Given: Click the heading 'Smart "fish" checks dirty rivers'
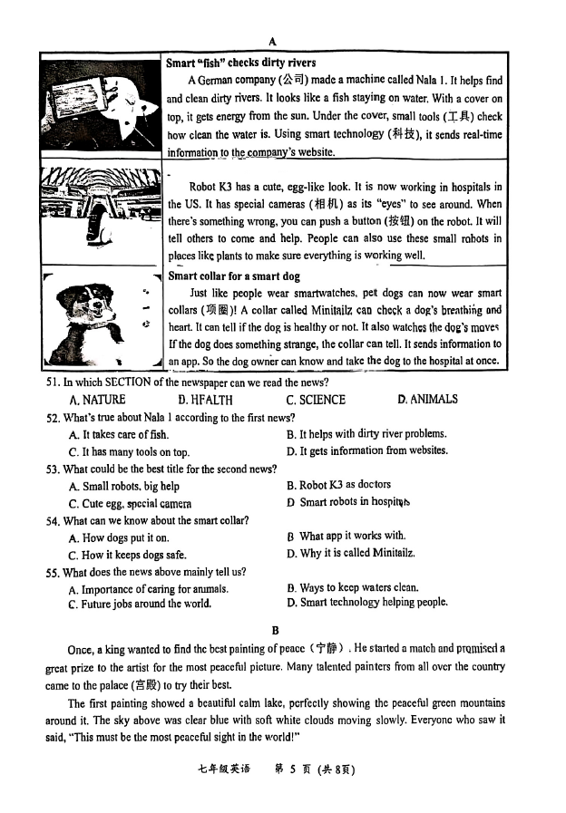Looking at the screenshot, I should (x=241, y=63).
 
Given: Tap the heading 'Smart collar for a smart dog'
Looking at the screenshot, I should (x=234, y=276).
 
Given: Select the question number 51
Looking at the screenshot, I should (x=53, y=382).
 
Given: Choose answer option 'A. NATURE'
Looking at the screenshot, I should (x=97, y=400).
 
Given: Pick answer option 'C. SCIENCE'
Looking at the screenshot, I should (x=316, y=400).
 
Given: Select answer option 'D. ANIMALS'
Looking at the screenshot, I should (x=427, y=399).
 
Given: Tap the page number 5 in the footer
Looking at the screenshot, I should (x=281, y=769).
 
